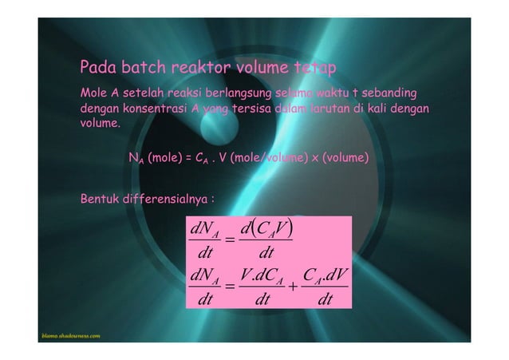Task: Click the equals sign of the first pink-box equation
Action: (230, 239)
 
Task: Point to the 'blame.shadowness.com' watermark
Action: (70, 337)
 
